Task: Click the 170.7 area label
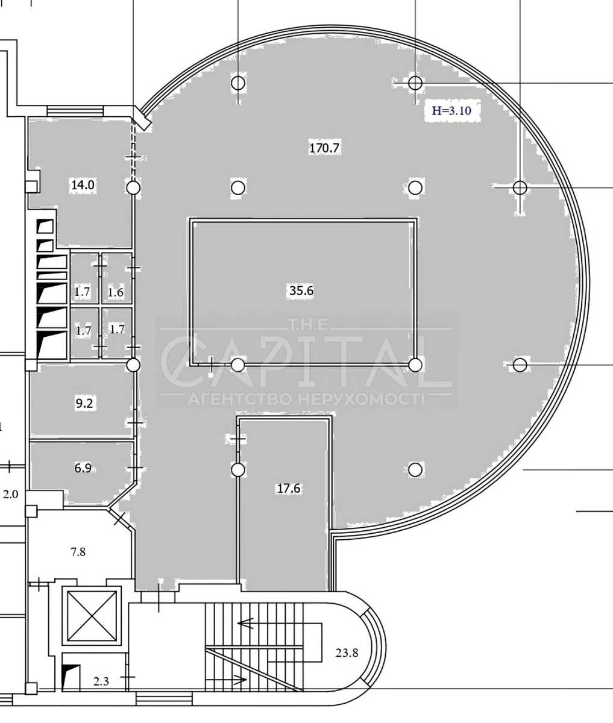[324, 148]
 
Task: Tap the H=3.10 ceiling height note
[451, 110]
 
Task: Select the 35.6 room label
[301, 290]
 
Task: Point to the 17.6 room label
[289, 488]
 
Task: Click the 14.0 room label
[83, 185]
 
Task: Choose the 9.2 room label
[84, 403]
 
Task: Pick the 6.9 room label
[83, 468]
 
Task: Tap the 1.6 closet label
[116, 292]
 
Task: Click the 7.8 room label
[78, 552]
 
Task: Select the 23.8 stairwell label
[347, 653]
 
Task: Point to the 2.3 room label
[101, 681]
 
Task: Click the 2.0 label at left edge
[10, 494]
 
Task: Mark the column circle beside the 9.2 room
[133, 365]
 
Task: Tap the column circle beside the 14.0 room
[133, 188]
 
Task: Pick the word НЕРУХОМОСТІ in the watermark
[362, 399]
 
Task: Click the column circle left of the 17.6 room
[238, 470]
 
